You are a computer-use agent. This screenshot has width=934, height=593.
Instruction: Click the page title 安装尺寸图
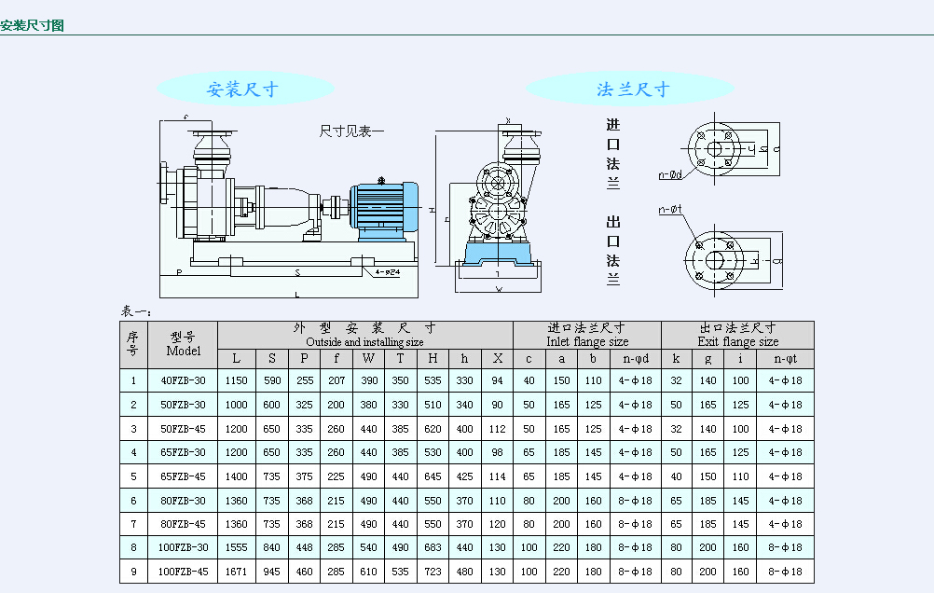(x=33, y=25)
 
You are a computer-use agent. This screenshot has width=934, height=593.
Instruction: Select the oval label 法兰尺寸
(x=633, y=90)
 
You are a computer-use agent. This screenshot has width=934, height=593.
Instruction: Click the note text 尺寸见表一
(x=351, y=131)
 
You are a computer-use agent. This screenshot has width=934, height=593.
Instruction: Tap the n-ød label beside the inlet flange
(x=670, y=174)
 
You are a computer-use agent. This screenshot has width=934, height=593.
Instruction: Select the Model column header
(x=183, y=345)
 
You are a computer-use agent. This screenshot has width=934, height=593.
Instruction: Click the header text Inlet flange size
(x=586, y=342)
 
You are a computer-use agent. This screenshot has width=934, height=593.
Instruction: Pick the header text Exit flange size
(x=737, y=342)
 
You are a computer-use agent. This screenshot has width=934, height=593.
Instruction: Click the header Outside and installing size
(x=364, y=342)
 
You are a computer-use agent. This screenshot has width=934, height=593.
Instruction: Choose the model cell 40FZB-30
(x=183, y=380)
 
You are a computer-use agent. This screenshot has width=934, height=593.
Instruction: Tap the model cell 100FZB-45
(x=183, y=572)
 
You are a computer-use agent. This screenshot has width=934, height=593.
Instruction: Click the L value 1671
(x=236, y=572)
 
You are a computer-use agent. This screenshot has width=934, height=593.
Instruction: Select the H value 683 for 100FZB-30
(x=433, y=547)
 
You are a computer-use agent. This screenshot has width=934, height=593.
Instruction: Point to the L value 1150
(x=236, y=380)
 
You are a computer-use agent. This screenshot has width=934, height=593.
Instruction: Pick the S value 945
(x=271, y=572)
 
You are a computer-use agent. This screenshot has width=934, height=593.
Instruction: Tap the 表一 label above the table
(x=136, y=311)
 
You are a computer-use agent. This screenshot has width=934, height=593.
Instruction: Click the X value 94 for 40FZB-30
(x=498, y=380)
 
